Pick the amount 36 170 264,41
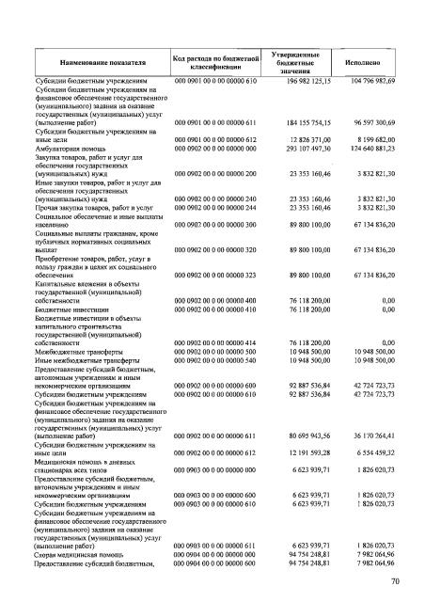tap(373, 439)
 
